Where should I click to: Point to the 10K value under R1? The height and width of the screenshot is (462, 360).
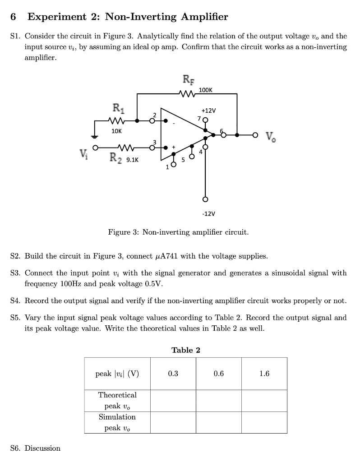tap(116, 130)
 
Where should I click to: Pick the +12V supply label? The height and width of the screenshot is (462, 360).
tap(209, 111)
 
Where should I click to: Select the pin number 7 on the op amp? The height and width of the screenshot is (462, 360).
tap(198, 118)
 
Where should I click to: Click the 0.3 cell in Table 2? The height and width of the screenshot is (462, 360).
tap(173, 374)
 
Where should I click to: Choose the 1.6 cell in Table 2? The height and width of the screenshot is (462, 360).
tap(264, 374)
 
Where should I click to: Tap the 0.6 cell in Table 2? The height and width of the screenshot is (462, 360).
tap(219, 374)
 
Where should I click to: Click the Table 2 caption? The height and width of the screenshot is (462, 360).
tap(185, 350)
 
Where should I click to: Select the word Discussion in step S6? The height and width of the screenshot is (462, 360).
tap(42, 448)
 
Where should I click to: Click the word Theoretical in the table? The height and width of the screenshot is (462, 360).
tap(117, 395)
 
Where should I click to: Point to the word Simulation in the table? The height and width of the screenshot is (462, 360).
tap(117, 417)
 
